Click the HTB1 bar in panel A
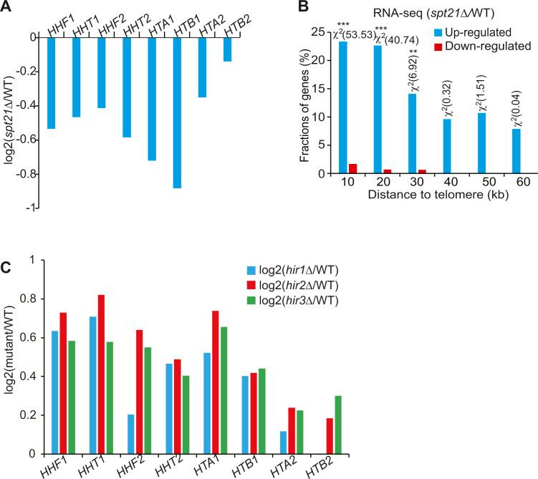(x=177, y=112)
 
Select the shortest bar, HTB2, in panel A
(x=227, y=49)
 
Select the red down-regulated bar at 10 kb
(x=352, y=169)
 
